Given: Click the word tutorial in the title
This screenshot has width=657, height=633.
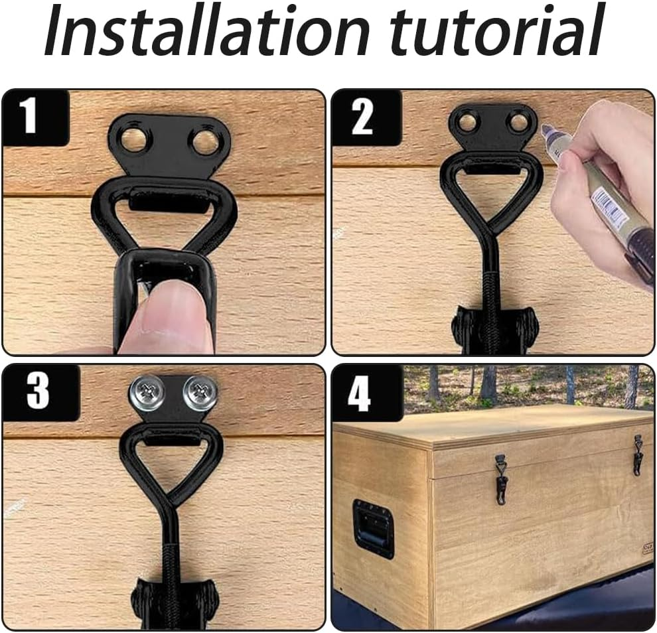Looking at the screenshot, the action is pos(497,31).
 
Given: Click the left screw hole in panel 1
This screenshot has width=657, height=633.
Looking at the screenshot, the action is pos(134,141).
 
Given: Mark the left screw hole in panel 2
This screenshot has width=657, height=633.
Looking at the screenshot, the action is pos(466,121).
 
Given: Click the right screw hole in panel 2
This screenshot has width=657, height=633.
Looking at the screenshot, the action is pos(518,122).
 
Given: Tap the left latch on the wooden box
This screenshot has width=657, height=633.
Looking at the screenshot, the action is pos(500,480).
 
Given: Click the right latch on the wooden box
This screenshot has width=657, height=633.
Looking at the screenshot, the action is pos(638,455).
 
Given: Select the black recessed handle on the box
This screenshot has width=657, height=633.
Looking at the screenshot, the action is pos(374,529).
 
